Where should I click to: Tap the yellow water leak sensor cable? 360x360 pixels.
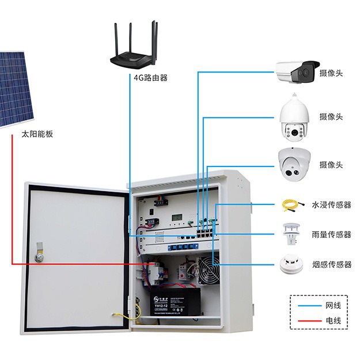pos(289,204)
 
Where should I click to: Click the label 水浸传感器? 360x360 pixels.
pos(331,204)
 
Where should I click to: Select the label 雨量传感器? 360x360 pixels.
pos(331,234)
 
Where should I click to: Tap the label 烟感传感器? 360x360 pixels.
pos(331,264)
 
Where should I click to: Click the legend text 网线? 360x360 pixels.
pos(334,305)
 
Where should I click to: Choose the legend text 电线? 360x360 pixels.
pos(334,320)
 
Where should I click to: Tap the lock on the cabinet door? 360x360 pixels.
pos(39,253)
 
